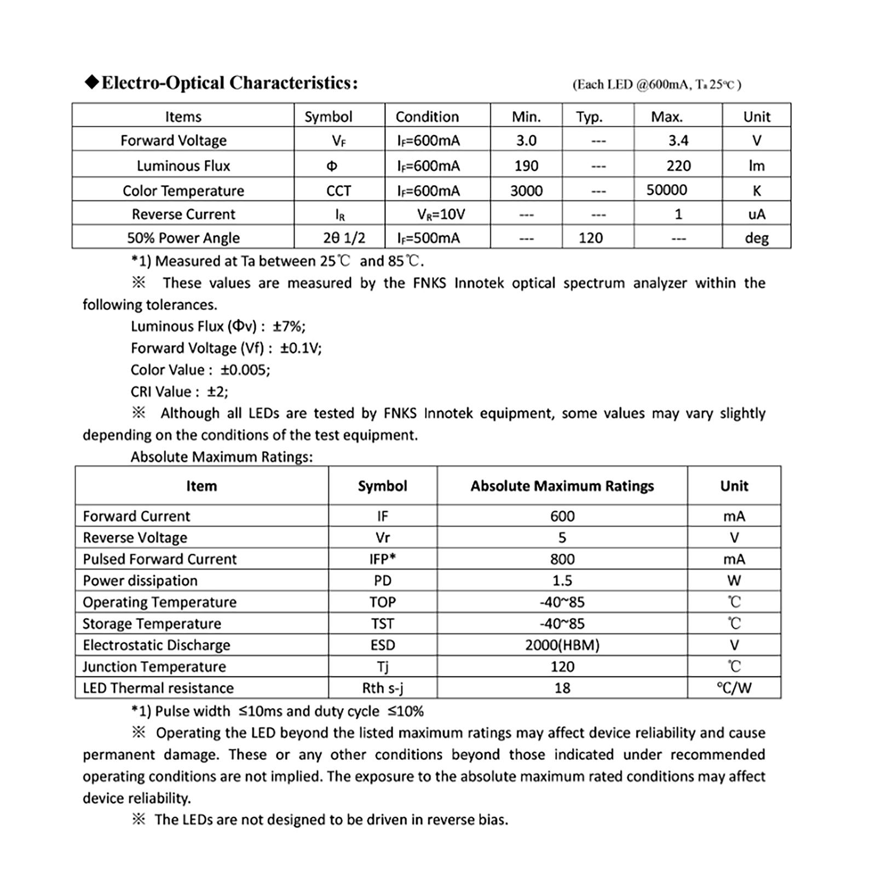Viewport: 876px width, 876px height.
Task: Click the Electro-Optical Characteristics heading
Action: coord(222,83)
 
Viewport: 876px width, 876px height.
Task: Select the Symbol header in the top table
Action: coord(328,117)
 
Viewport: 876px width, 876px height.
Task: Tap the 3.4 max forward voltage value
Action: coord(678,141)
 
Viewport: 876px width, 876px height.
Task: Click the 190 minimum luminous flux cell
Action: coord(526,166)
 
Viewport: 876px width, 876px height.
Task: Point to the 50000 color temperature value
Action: coord(666,190)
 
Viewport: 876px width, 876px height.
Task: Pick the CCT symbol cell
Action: coord(338,191)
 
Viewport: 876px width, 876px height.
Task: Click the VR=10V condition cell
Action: coord(441,214)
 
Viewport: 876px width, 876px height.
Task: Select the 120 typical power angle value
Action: coord(590,238)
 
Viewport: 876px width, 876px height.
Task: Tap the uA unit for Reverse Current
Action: coord(757,214)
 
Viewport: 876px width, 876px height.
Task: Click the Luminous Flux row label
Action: coord(183,166)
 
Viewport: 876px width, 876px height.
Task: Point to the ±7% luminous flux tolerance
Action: coord(289,326)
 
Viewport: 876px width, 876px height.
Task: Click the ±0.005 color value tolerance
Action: coord(245,370)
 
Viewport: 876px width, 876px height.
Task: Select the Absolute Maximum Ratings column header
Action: coord(562,486)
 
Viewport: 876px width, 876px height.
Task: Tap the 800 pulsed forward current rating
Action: coord(562,559)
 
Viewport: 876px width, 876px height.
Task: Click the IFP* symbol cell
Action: coord(382,559)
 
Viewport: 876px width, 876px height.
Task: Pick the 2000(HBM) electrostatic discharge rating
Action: coord(562,645)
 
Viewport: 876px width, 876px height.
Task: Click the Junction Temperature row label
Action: coord(154,667)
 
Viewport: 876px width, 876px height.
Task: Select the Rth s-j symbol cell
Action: coord(382,688)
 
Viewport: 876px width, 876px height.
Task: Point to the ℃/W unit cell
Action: coord(734,688)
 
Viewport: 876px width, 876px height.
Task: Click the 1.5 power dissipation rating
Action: coord(562,580)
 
